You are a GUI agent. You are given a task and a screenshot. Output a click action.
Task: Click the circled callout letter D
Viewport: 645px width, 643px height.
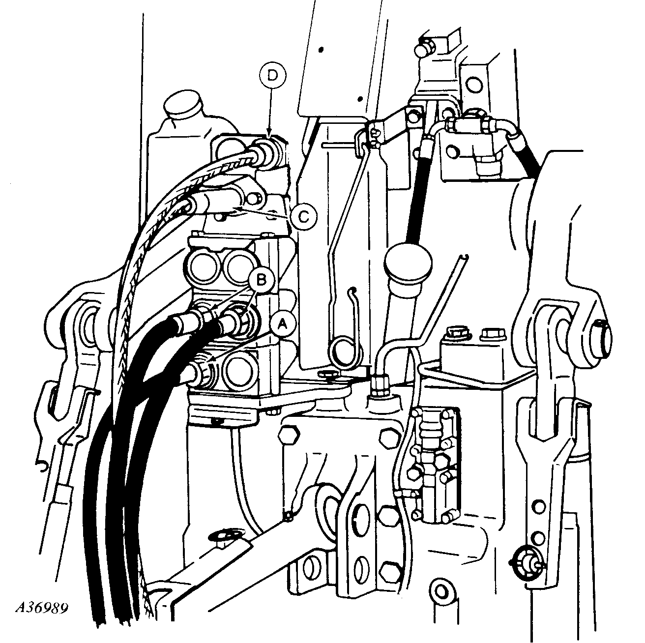(x=273, y=76)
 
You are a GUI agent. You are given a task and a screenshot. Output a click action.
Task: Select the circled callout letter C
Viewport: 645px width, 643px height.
(x=303, y=217)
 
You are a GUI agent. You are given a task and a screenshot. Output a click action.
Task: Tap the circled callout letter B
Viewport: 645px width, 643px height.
(x=262, y=278)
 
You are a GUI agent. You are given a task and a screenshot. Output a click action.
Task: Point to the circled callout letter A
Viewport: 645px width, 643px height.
(x=283, y=323)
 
